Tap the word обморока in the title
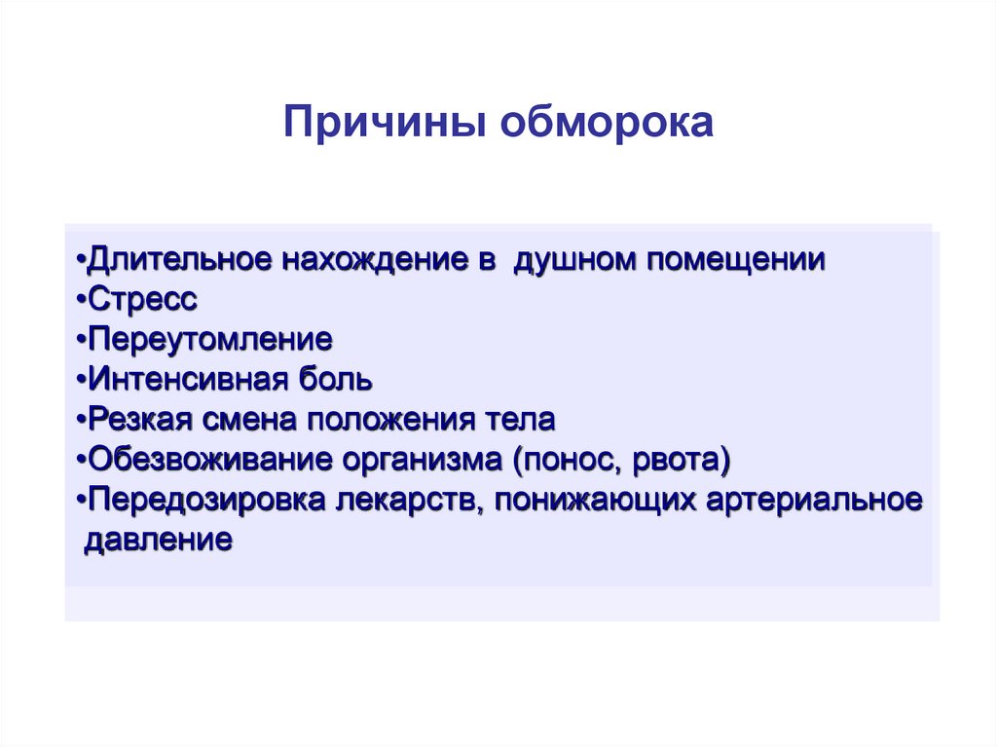(x=608, y=122)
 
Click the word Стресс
(x=142, y=299)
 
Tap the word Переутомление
(x=210, y=339)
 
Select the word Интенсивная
(x=189, y=379)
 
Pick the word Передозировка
(x=206, y=500)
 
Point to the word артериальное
(x=815, y=501)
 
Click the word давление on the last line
(x=159, y=541)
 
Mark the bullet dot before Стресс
(x=81, y=300)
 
